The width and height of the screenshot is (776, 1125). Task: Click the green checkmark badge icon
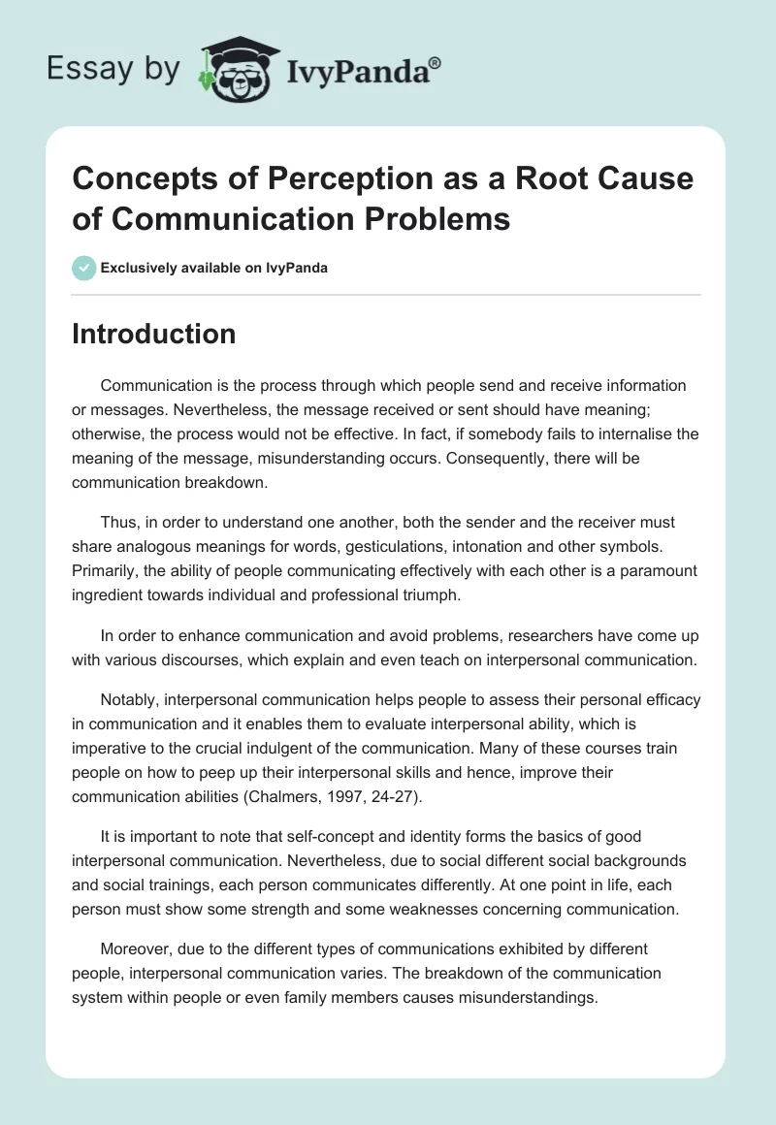coord(84,268)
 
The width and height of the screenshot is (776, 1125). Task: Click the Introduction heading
coord(154,334)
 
